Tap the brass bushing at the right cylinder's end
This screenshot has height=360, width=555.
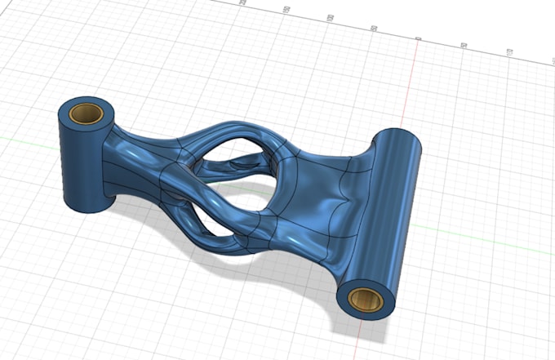pos(366,300)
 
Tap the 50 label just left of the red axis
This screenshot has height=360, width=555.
pos(374,29)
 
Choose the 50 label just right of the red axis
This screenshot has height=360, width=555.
pos(464,46)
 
